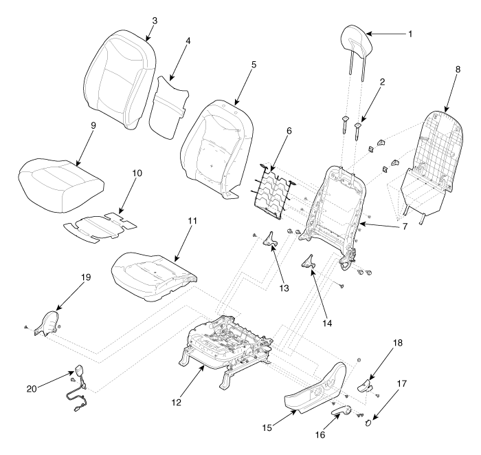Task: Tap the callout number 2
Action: point(382,82)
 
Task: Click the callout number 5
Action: point(254,65)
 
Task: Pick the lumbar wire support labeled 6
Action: point(272,192)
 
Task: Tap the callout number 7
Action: point(405,226)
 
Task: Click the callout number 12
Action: point(177,402)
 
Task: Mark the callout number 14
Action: point(327,324)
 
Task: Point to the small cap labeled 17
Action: point(368,423)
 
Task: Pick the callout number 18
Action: point(398,343)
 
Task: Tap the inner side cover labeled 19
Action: point(47,324)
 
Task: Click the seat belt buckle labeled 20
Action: point(78,388)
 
